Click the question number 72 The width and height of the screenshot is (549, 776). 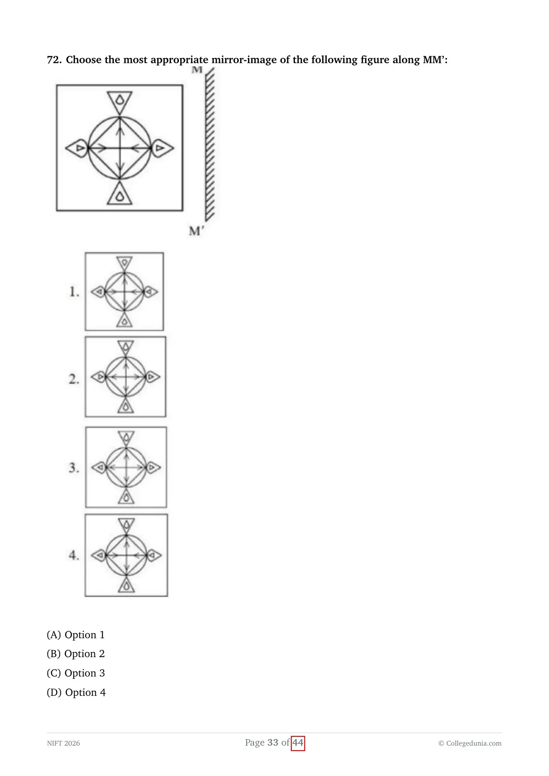click(54, 60)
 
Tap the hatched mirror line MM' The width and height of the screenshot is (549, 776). click(210, 144)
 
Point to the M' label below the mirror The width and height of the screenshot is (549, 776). click(196, 231)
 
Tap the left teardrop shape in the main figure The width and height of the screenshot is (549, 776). click(77, 148)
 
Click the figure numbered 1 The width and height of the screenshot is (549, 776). click(124, 292)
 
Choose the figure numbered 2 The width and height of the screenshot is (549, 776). click(125, 376)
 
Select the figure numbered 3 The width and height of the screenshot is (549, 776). click(126, 467)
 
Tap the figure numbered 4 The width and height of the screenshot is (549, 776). click(126, 555)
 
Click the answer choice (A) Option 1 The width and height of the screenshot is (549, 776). click(76, 635)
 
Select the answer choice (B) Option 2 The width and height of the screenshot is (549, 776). click(76, 654)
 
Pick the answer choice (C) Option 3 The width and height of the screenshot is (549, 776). click(76, 673)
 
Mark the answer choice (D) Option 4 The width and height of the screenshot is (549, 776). click(76, 693)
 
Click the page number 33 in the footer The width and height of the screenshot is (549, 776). click(273, 742)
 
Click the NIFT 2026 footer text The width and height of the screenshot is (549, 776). click(64, 743)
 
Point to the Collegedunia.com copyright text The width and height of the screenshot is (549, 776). click(470, 743)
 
